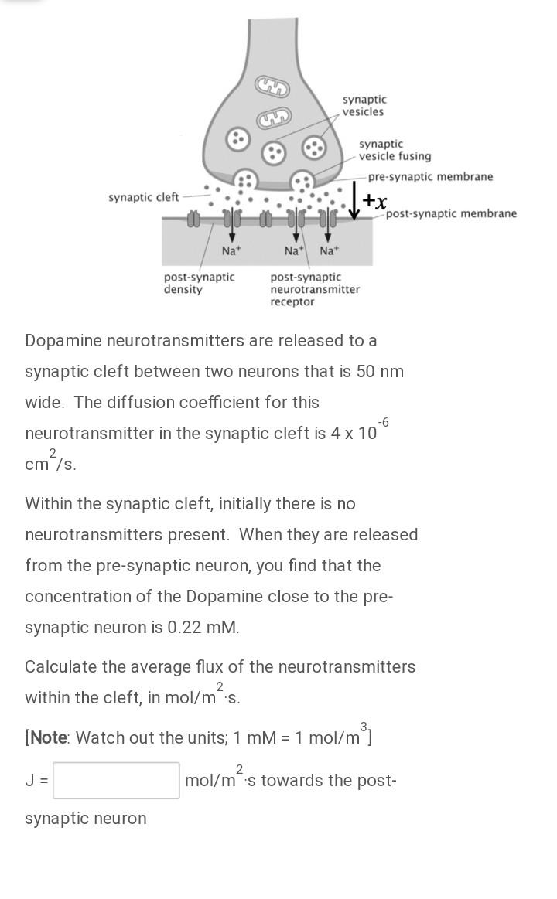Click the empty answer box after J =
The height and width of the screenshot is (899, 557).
(x=116, y=780)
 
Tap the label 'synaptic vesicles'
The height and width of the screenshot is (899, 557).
(x=364, y=106)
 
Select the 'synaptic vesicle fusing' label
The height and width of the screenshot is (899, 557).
(x=395, y=150)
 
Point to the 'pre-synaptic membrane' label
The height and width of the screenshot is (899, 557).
(x=430, y=177)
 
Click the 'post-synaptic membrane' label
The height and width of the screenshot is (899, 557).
(x=451, y=214)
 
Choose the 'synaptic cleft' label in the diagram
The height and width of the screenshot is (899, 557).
(x=144, y=198)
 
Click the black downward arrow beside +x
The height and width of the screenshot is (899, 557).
(x=354, y=200)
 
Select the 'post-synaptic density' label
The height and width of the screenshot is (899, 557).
(x=199, y=283)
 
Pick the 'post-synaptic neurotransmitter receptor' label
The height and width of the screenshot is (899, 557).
(x=315, y=289)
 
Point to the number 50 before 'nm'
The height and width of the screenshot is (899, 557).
(x=366, y=372)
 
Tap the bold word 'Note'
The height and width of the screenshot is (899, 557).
(x=48, y=737)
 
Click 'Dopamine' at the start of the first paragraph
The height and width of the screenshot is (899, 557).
(x=63, y=341)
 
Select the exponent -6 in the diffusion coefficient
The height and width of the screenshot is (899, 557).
(x=383, y=422)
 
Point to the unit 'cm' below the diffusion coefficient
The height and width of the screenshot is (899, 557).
(x=36, y=465)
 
